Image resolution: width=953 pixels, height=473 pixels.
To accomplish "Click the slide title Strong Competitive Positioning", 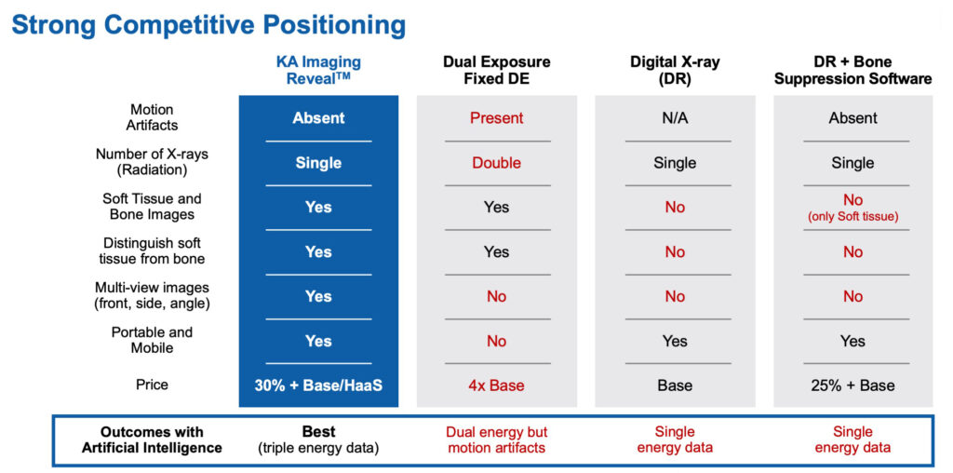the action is [x=208, y=25].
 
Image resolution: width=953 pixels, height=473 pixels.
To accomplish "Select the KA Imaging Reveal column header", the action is [x=318, y=70].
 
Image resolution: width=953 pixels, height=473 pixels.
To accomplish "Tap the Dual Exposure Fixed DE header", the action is [x=497, y=70].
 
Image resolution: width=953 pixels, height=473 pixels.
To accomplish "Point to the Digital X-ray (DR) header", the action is [x=675, y=70].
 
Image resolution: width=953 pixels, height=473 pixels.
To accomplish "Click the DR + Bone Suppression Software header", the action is [x=853, y=70].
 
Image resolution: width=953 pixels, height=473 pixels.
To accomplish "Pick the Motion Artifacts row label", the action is [x=152, y=117].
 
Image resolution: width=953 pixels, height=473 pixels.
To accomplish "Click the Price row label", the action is [x=152, y=385].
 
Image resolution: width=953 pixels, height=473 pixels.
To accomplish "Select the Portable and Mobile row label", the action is [x=152, y=340].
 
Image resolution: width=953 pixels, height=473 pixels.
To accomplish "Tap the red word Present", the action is [x=497, y=117].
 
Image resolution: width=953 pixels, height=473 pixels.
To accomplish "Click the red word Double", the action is [x=497, y=162].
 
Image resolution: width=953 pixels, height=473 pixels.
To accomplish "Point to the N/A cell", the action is [x=675, y=117].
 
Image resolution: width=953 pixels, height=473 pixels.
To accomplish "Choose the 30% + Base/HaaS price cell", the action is [x=318, y=385].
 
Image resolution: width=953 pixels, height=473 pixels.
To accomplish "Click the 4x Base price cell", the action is [x=497, y=385].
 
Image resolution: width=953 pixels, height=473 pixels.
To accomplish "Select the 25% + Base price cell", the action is [x=853, y=385].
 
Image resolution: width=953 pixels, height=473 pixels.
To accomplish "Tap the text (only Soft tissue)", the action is [x=853, y=215].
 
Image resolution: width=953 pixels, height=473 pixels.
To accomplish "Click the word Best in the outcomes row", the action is [x=319, y=432].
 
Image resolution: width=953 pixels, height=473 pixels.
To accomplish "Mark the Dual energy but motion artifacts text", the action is [x=497, y=439].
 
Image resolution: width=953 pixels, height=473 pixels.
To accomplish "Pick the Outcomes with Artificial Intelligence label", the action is [x=152, y=439].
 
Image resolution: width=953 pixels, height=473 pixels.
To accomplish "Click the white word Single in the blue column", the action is [x=318, y=163].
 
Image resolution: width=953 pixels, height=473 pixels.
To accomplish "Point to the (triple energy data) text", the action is [x=318, y=448].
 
